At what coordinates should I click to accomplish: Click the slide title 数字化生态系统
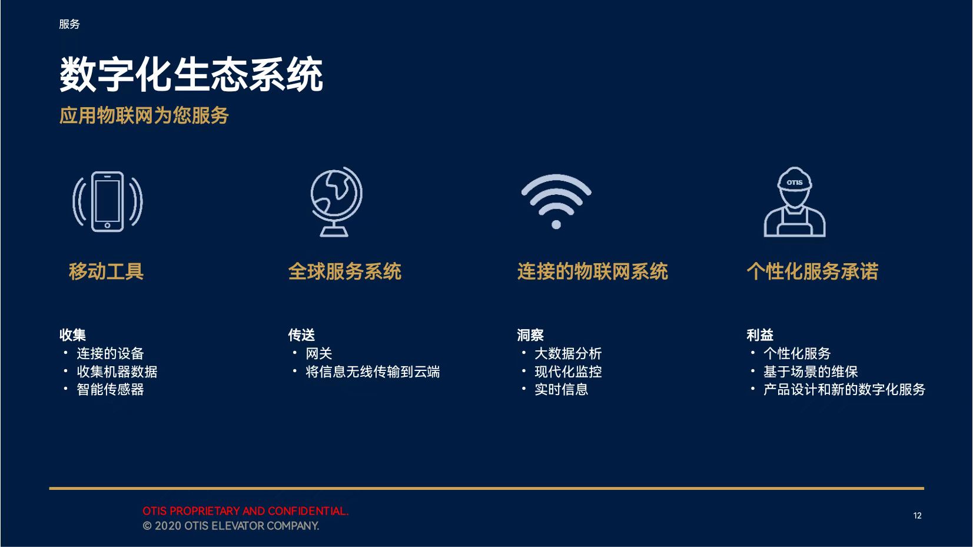point(191,74)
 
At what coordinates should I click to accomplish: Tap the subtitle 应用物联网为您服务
point(144,115)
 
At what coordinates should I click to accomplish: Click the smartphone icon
point(107,201)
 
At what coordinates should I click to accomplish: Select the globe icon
point(336,201)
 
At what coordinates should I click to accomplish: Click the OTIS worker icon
point(795,201)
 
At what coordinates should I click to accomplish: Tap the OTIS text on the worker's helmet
point(795,183)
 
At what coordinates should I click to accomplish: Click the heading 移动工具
point(106,271)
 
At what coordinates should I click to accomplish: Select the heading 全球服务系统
point(344,271)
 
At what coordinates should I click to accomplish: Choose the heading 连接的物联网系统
point(593,271)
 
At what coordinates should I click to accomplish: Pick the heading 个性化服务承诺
point(812,271)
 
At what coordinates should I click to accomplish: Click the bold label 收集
point(72,335)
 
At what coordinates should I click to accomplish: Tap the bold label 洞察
point(530,335)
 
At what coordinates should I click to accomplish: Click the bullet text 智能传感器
point(110,389)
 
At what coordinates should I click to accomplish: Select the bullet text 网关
point(319,354)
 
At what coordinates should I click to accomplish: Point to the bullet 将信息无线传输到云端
point(373,372)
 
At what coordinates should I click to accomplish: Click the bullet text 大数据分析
point(568,354)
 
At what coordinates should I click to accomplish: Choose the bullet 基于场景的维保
point(811,372)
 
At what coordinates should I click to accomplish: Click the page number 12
point(918,516)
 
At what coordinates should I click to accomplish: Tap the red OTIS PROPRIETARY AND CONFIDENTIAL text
point(245,511)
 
